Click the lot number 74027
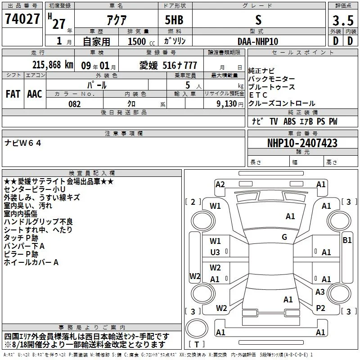(x=22, y=18)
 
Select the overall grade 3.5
(x=343, y=20)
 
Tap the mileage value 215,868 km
(x=53, y=65)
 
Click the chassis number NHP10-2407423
(x=302, y=143)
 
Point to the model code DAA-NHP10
(x=258, y=41)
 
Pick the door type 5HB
(x=174, y=20)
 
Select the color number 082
(x=75, y=104)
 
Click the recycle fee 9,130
(x=227, y=104)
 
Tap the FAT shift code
(x=13, y=94)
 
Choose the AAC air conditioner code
(x=35, y=94)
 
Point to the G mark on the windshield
(x=284, y=237)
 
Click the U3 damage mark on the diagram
(x=215, y=252)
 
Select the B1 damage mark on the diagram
(x=347, y=240)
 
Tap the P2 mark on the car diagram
(x=320, y=308)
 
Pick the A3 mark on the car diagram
(x=320, y=292)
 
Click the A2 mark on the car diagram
(x=220, y=184)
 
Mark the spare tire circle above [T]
(x=197, y=328)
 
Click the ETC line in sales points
(x=258, y=95)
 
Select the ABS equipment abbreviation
(x=289, y=121)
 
